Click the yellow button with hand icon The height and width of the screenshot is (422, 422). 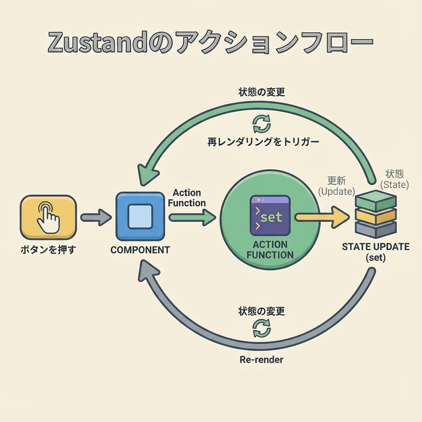(x=48, y=217)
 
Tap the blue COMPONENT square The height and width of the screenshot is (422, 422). (x=140, y=216)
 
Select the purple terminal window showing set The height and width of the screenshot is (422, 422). (x=270, y=216)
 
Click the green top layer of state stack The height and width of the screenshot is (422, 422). (x=375, y=201)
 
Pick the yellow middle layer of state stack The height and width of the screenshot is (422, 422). (x=375, y=216)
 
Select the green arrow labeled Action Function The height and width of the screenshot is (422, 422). (x=192, y=217)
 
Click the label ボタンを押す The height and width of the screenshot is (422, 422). (x=48, y=249)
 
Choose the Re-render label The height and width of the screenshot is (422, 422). (x=261, y=359)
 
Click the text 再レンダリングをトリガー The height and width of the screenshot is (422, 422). (x=263, y=142)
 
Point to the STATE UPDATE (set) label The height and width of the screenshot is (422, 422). (x=375, y=252)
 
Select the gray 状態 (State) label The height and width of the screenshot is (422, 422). (x=395, y=179)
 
